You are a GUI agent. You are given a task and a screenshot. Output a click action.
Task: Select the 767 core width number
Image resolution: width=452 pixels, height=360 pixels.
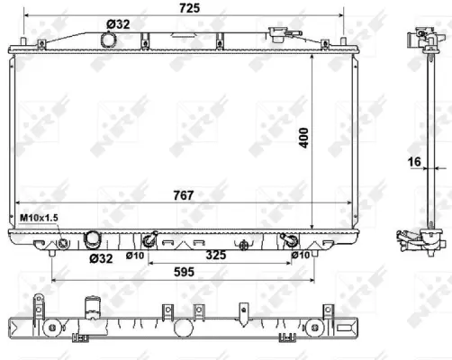[x=185, y=193]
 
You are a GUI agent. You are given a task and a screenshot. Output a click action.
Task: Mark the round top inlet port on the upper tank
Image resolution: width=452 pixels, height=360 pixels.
[x=109, y=40]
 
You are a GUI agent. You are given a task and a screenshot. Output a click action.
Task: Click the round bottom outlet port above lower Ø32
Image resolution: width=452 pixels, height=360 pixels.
[x=93, y=240]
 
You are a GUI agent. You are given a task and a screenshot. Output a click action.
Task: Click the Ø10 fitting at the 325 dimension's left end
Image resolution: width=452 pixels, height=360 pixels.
[x=149, y=240]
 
